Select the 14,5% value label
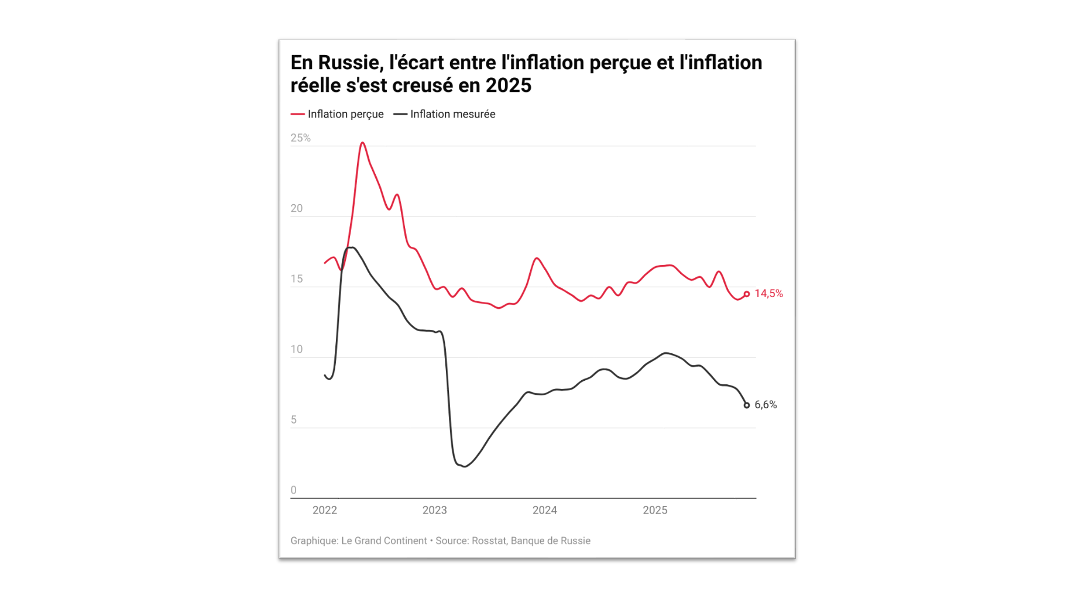pyautogui.click(x=768, y=294)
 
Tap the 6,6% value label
pyautogui.click(x=765, y=405)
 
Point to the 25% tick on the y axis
pyautogui.click(x=300, y=138)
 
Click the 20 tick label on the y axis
pyautogui.click(x=296, y=208)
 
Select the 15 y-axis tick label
pyautogui.click(x=296, y=279)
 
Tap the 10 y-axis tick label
pyautogui.click(x=296, y=349)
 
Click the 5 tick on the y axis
pyautogui.click(x=293, y=420)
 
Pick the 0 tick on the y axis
pyautogui.click(x=293, y=490)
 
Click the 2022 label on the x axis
pyautogui.click(x=324, y=510)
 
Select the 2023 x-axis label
pyautogui.click(x=434, y=510)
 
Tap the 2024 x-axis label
pyautogui.click(x=544, y=510)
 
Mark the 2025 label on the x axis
pyautogui.click(x=654, y=510)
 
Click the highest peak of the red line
pyautogui.click(x=362, y=143)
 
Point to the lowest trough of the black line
pyautogui.click(x=465, y=466)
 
